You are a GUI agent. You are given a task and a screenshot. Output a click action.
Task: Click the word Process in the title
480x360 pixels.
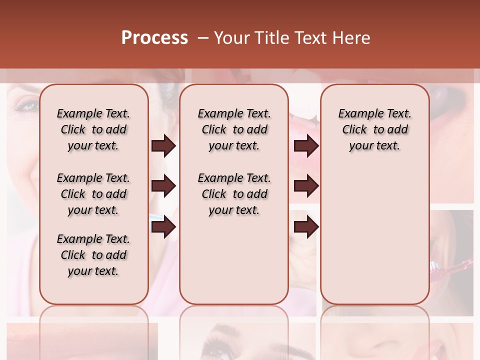tap(154, 38)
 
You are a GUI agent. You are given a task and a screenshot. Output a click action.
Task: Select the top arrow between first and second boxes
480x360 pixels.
tap(163, 146)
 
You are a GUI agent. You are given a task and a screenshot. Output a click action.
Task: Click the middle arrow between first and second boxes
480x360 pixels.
tap(163, 186)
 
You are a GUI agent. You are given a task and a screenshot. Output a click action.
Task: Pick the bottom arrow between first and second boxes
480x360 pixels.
tap(163, 227)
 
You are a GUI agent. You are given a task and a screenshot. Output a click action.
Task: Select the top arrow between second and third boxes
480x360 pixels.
tap(306, 146)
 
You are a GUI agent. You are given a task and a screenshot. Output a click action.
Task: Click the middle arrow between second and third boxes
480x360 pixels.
tap(306, 186)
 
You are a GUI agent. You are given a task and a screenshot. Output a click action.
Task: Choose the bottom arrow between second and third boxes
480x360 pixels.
tap(306, 227)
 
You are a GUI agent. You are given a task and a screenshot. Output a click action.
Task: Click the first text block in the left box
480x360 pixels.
tap(93, 129)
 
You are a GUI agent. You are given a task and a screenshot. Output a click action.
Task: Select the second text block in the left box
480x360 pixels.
tap(93, 194)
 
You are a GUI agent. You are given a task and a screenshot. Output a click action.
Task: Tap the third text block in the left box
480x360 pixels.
tap(93, 255)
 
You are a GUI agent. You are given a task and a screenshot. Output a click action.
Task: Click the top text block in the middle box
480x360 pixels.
tap(234, 129)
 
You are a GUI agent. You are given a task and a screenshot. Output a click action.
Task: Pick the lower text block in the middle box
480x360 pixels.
tap(234, 194)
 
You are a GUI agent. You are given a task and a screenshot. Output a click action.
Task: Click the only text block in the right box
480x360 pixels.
tap(374, 129)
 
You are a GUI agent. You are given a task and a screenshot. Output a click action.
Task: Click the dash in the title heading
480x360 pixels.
tap(203, 38)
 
